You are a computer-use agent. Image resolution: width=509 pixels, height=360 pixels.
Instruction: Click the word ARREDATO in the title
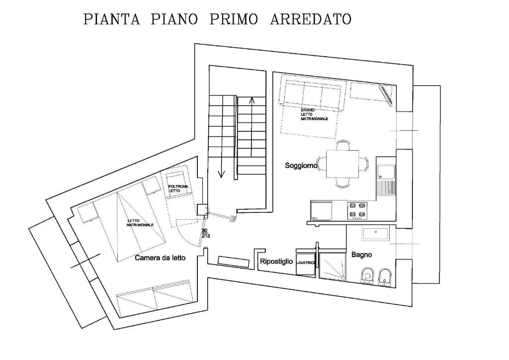(311, 19)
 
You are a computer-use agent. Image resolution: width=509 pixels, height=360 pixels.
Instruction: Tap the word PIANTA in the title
(112, 19)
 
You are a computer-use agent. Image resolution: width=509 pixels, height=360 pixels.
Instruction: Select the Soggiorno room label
(301, 166)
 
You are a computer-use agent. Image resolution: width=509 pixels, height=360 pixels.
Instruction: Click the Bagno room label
(362, 255)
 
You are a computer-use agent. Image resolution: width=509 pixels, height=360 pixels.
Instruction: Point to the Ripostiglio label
(276, 262)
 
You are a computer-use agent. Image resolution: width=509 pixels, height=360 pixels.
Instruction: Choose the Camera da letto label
(161, 258)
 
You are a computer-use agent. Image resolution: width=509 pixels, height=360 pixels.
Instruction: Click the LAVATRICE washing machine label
(306, 263)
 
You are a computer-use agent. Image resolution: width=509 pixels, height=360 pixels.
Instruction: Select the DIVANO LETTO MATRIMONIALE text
(314, 114)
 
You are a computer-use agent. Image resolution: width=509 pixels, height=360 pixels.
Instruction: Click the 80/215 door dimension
(206, 234)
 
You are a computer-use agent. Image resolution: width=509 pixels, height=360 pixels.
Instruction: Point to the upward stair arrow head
(251, 100)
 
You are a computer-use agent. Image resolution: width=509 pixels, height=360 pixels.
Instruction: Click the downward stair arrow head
(221, 174)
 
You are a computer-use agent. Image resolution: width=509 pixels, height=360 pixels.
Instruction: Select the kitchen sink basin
(386, 172)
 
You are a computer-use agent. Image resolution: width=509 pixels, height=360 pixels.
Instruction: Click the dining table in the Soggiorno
(342, 164)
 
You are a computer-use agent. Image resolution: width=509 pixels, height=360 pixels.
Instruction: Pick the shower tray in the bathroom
(333, 266)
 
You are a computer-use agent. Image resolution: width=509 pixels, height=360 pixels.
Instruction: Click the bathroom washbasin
(376, 234)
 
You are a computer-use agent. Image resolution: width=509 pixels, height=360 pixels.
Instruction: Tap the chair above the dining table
(343, 145)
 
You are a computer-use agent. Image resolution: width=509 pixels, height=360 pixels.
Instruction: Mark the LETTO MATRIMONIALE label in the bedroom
(140, 223)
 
